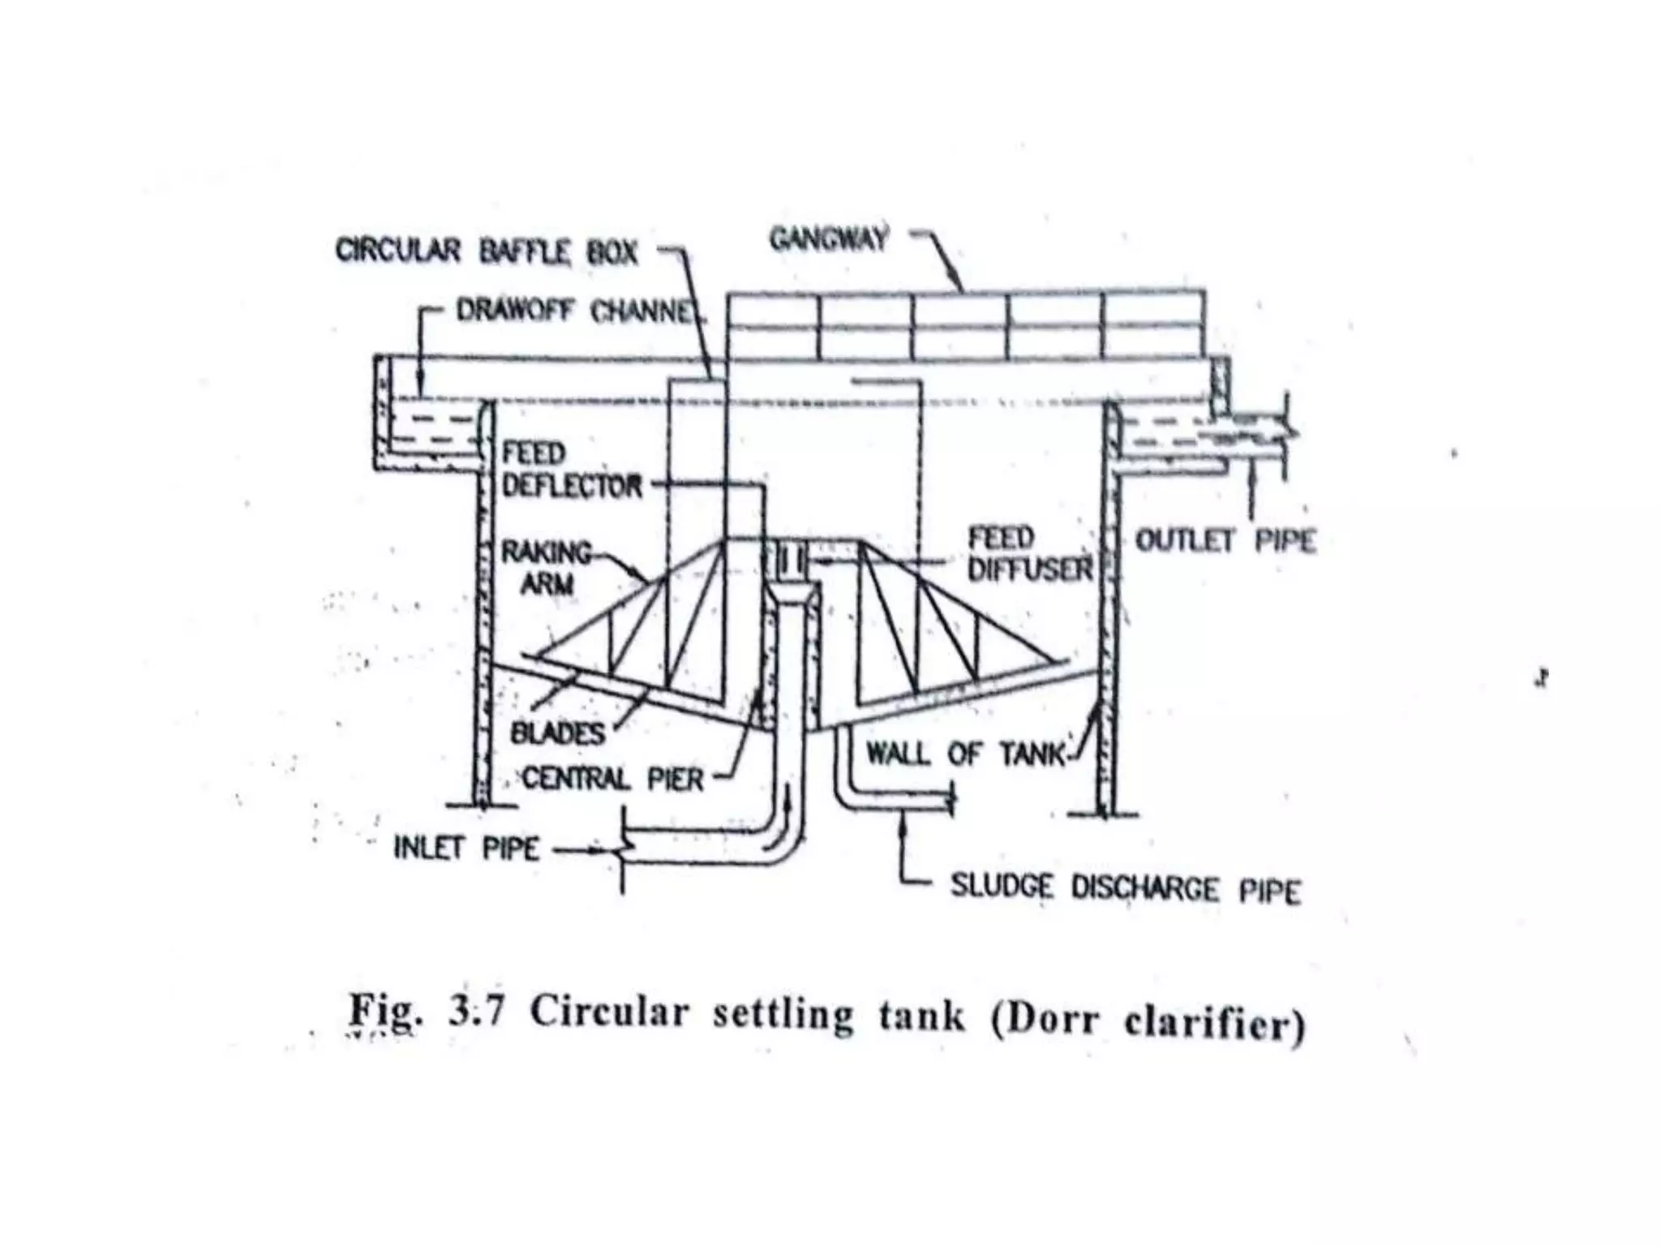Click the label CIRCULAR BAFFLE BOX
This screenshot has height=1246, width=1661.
(487, 251)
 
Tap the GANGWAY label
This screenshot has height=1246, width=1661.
(828, 239)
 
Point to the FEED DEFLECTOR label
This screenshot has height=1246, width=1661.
(571, 470)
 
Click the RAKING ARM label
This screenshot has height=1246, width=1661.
(547, 568)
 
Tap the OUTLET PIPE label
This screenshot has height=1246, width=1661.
(1225, 541)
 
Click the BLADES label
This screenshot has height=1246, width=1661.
(558, 733)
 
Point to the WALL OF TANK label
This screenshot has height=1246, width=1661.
(965, 754)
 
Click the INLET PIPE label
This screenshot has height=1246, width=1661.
(466, 849)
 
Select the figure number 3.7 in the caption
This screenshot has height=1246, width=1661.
(477, 1013)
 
